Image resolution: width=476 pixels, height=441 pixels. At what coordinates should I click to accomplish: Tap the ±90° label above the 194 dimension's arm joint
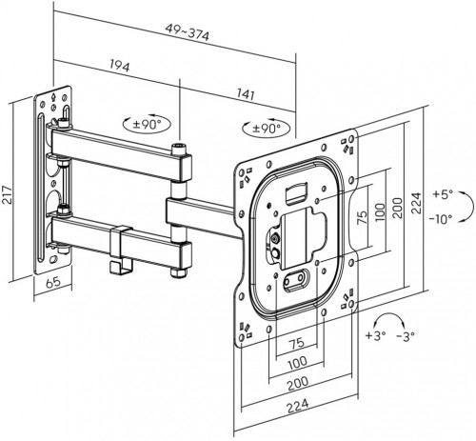click(150, 123)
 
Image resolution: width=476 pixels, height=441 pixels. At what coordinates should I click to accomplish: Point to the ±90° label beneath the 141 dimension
click(267, 128)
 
